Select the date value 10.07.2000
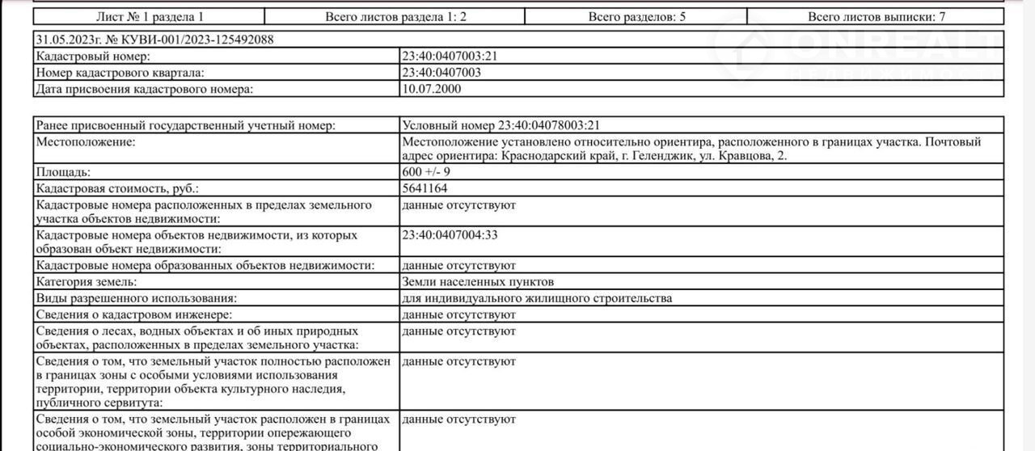[x=432, y=89]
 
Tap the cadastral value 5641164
[x=424, y=188]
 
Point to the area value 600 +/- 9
[x=426, y=172]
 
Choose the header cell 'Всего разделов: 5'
[x=636, y=16]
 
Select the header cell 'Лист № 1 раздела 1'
[x=150, y=16]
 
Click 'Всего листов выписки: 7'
[x=877, y=16]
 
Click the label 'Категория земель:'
[x=87, y=282]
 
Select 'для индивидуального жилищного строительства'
[x=536, y=298]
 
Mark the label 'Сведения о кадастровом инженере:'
[x=134, y=314]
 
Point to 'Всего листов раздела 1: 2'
[x=395, y=16]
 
